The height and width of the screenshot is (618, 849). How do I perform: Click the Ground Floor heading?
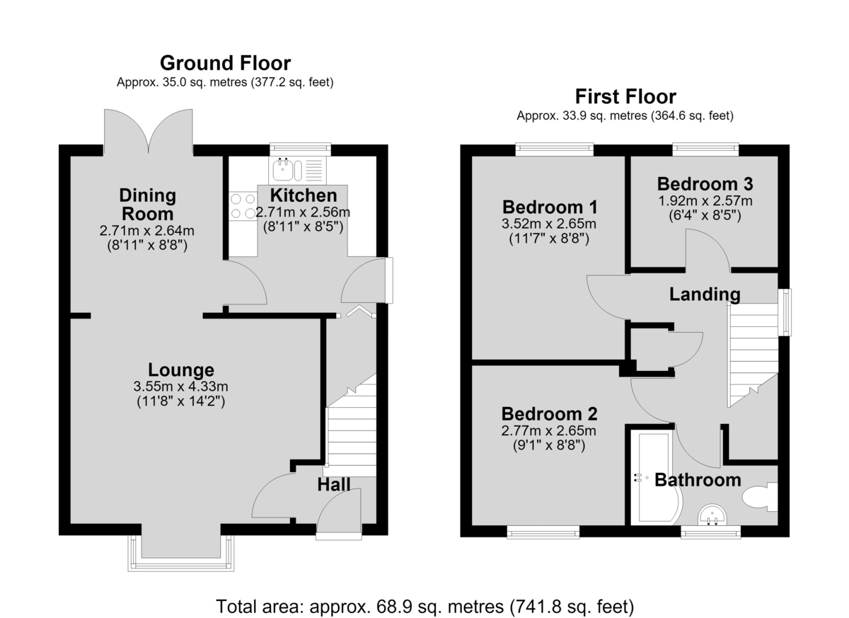coord(225,63)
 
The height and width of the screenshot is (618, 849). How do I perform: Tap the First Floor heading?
coord(625,96)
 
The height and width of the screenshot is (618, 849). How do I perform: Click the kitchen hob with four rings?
coord(243,206)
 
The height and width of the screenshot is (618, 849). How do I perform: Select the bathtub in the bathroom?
coord(657,478)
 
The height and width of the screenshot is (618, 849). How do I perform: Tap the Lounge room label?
coord(181,370)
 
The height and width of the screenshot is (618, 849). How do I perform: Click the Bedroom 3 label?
coord(705,184)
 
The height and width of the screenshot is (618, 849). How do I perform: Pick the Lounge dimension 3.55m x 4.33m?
coord(181,387)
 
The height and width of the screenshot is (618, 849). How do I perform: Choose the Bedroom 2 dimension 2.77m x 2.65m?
coord(548,430)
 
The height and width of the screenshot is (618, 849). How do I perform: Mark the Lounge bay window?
coord(181,554)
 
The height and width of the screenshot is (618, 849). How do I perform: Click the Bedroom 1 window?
coord(554,149)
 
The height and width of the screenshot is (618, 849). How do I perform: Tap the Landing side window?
coord(785,312)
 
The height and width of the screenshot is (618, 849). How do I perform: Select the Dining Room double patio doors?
coord(148,132)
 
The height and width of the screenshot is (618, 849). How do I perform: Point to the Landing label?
coord(705,294)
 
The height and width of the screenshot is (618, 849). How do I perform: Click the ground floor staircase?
coord(352,425)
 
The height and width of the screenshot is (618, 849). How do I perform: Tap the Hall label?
coord(333,485)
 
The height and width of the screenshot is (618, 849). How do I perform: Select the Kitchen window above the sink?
coord(300,149)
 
